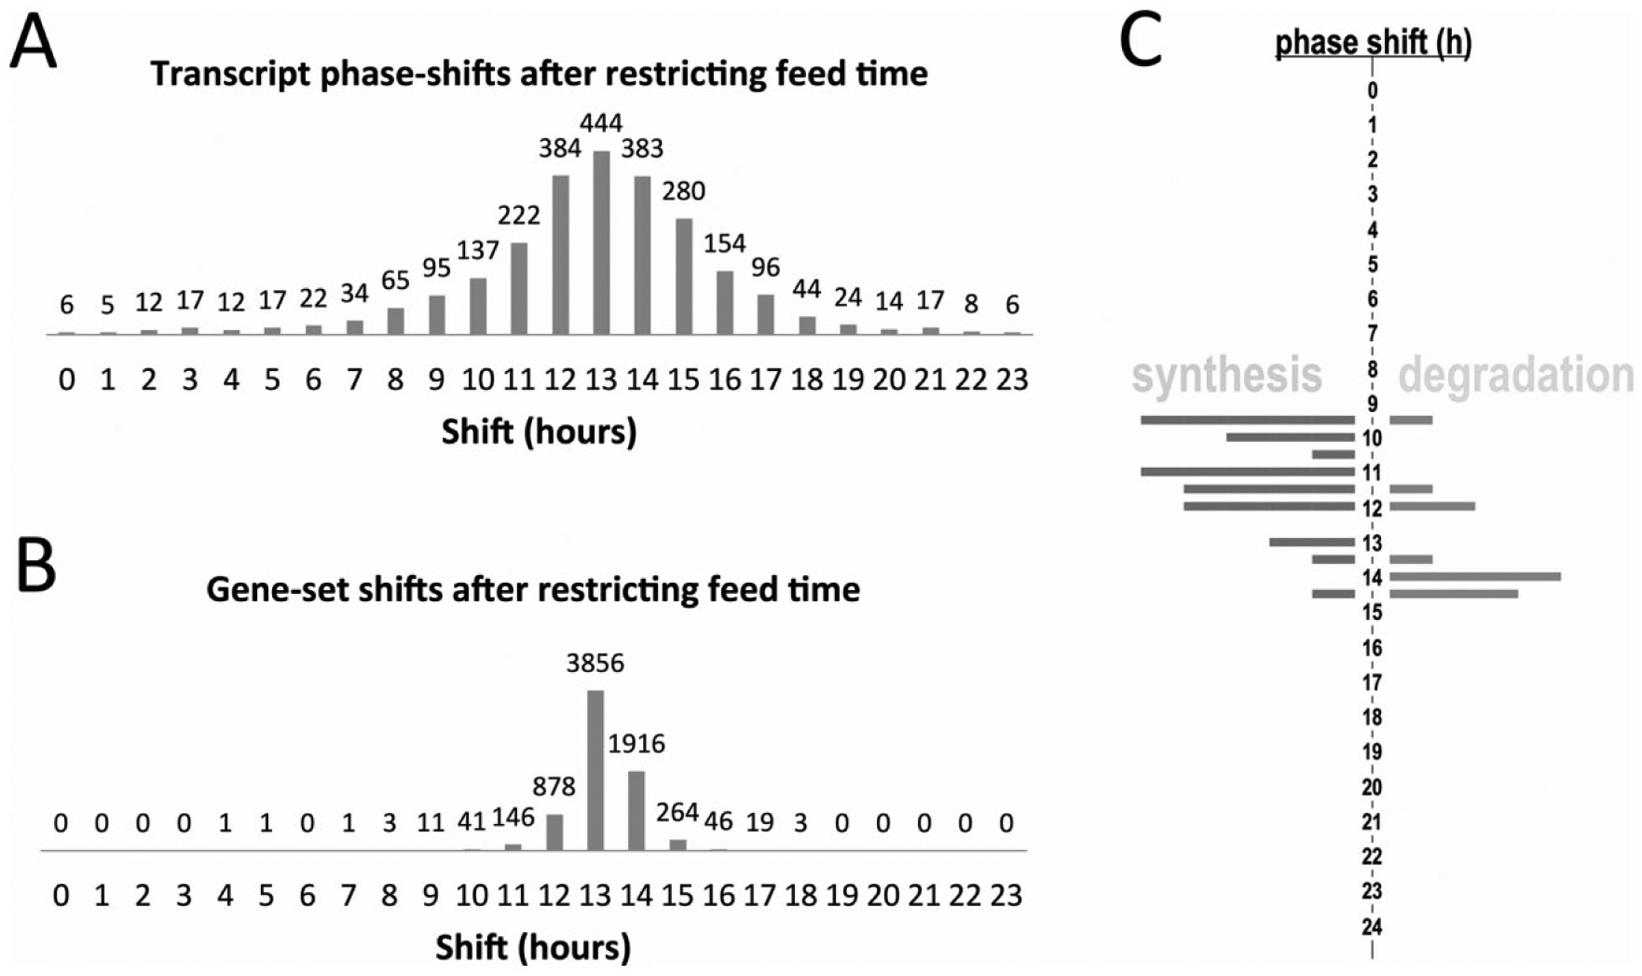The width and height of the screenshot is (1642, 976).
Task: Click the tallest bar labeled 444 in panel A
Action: tap(601, 242)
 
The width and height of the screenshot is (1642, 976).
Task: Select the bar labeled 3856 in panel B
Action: tap(595, 770)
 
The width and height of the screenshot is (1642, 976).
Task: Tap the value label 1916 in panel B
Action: tap(636, 743)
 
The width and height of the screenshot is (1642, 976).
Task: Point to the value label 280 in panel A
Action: tap(683, 191)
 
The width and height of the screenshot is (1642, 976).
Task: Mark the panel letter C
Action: tap(1141, 41)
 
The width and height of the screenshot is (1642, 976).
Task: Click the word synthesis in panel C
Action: tap(1226, 375)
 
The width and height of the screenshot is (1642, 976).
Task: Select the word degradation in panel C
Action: tap(1516, 376)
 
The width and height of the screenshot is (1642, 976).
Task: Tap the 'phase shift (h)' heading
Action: tap(1373, 42)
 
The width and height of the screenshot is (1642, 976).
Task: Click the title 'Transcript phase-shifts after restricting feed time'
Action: tap(539, 74)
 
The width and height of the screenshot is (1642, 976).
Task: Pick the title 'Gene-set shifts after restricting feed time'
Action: tap(533, 589)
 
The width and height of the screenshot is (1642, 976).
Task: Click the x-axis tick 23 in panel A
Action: tap(1012, 379)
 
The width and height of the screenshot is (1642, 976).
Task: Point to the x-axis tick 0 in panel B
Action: tap(61, 895)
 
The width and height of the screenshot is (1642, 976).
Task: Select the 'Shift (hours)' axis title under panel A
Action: tap(539, 432)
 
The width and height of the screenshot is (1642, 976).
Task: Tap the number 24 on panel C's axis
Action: tap(1371, 927)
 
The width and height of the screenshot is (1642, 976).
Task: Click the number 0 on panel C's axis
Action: tap(1372, 90)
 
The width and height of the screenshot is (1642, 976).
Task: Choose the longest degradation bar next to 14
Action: tap(1475, 577)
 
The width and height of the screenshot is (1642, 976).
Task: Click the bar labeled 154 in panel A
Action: tap(724, 302)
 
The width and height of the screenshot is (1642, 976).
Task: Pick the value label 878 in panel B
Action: tap(554, 787)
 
